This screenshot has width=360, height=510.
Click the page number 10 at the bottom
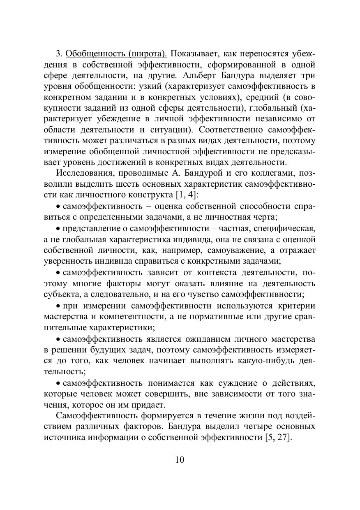(x=180, y=459)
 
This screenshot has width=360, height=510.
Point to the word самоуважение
(x=236, y=250)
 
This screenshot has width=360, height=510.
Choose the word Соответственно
(x=230, y=129)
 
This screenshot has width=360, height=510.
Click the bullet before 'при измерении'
(x=58, y=306)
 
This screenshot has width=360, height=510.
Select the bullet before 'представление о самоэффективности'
(x=58, y=228)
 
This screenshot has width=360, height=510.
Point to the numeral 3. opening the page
(x=59, y=54)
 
